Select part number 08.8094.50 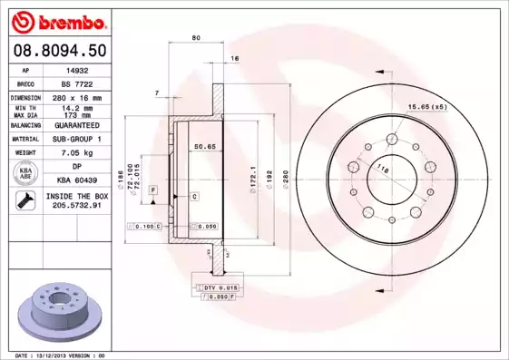60,51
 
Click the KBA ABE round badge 26,173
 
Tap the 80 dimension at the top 196,38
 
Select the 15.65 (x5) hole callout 451,108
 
